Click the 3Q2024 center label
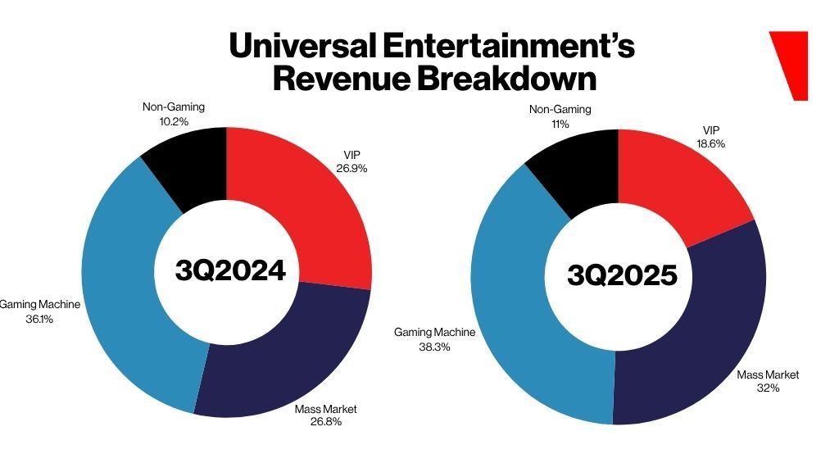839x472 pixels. (x=230, y=270)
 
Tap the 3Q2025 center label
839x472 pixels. (x=623, y=275)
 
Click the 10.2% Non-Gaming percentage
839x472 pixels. (x=174, y=121)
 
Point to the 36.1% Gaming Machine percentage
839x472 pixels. (x=39, y=319)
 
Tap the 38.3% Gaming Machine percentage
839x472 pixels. (x=434, y=347)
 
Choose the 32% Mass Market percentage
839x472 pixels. (x=768, y=388)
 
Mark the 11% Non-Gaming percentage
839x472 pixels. (x=560, y=124)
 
